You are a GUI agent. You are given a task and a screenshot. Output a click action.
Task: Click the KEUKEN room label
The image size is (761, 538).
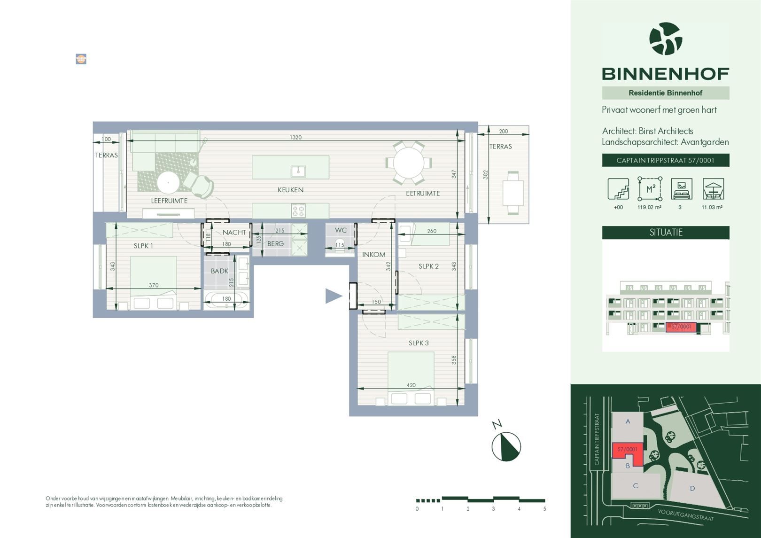tap(290, 190)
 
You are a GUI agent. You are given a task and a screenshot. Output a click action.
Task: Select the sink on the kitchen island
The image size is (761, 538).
tap(298, 171)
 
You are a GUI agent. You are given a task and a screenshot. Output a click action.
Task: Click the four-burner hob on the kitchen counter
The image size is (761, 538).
tap(298, 211)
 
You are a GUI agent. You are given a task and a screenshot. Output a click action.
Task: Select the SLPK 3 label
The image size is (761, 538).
tap(418, 343)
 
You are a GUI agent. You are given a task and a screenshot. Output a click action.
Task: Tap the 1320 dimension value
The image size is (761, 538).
tap(295, 138)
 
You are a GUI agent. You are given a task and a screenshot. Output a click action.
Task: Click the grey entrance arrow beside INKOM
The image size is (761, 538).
tap(334, 296)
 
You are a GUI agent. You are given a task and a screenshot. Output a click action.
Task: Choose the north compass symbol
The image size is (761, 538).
tap(506, 446)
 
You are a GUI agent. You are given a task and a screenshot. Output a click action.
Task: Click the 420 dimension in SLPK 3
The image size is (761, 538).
tap(411, 385)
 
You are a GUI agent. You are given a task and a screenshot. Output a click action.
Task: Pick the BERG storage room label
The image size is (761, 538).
tap(275, 243)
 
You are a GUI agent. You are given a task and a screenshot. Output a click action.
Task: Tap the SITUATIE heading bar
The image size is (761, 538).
tap(666, 232)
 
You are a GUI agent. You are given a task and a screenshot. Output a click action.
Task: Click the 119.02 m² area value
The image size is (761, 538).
tap(649, 207)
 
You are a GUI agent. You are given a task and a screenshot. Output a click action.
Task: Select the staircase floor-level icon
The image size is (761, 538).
tap(618, 189)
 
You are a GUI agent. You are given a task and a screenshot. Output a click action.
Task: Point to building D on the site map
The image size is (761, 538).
tap(692, 489)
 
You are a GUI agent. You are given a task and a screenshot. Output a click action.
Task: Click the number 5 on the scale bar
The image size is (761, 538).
tap(544, 509)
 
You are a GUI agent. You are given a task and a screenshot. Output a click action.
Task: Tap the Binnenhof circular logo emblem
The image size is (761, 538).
tap(666, 39)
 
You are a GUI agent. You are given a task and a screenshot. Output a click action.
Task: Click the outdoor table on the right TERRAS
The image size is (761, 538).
tap(513, 193)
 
